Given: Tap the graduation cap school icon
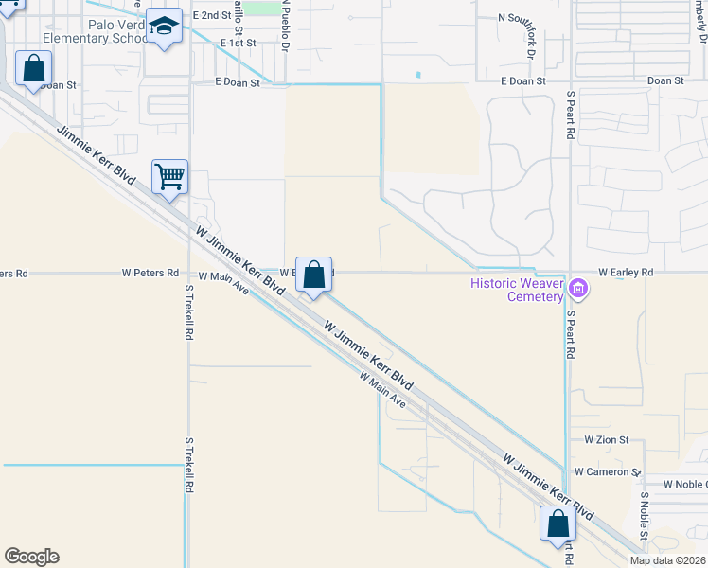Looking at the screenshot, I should point(166,28).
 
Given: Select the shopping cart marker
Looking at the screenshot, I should point(170,176).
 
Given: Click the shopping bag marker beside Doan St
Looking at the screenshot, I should point(33,69).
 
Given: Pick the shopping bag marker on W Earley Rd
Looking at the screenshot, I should point(314,275).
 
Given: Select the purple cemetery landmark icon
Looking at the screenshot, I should point(578,289).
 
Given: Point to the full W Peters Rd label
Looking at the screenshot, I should point(150,273).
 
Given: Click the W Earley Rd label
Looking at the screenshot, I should point(625,273).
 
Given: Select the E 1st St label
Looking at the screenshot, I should point(238,44).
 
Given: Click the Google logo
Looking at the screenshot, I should point(31,557).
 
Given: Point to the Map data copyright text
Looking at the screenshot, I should point(668,560).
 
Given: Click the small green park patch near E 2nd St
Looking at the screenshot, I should point(269,9).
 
